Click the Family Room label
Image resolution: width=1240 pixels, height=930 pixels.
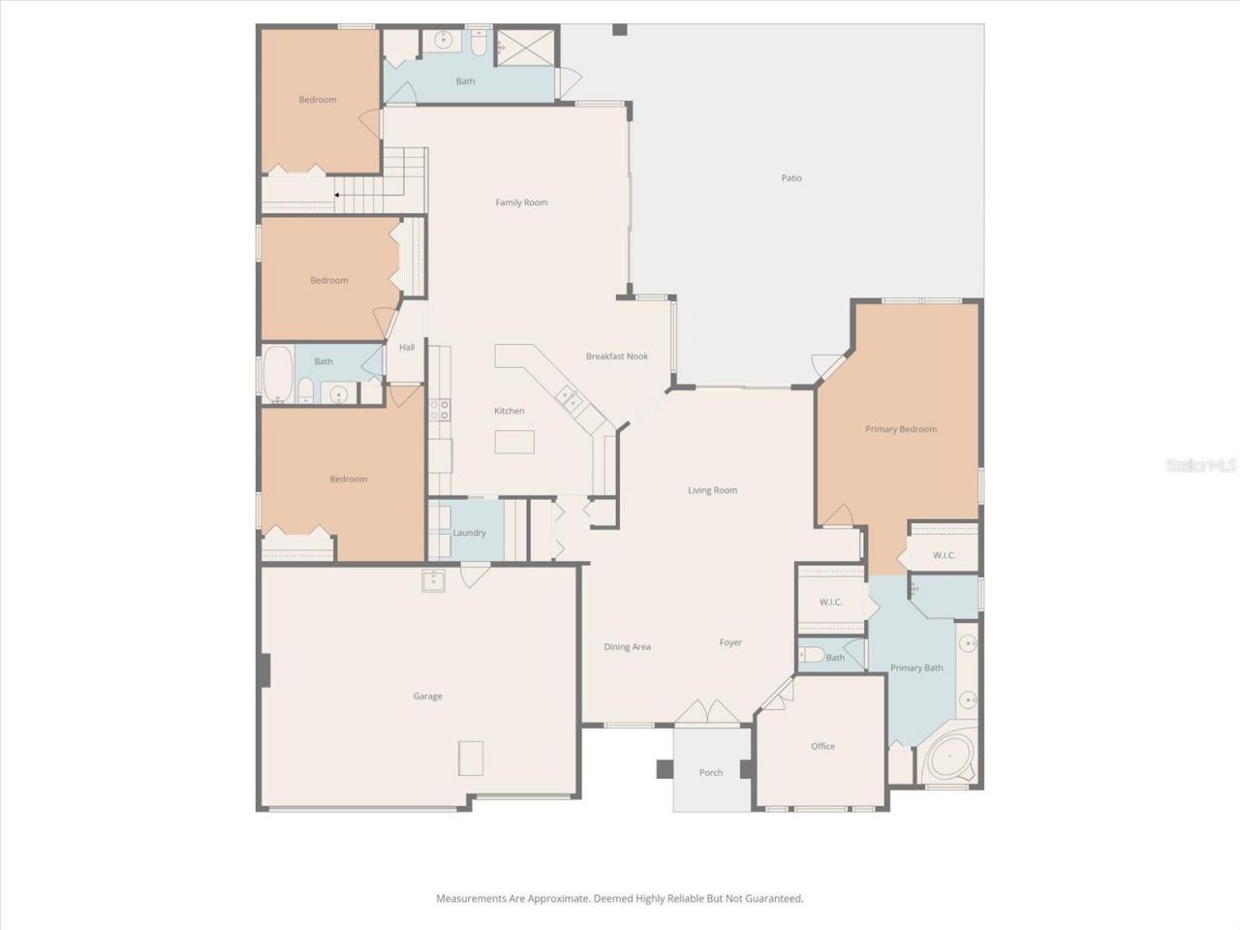(x=521, y=202)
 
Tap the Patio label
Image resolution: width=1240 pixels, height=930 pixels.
(x=791, y=178)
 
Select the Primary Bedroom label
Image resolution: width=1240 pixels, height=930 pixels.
(x=901, y=429)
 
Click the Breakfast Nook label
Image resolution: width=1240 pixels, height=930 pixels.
(x=617, y=356)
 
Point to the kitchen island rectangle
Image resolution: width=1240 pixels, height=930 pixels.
(x=513, y=442)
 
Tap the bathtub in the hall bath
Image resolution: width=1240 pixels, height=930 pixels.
(x=277, y=374)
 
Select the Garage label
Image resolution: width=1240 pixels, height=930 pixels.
(x=427, y=697)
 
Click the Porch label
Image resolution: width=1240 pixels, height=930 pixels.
(x=711, y=773)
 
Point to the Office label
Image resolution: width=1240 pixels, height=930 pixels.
(x=822, y=747)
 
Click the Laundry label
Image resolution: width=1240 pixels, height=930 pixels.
(x=470, y=534)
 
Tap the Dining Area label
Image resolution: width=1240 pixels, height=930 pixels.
(x=627, y=647)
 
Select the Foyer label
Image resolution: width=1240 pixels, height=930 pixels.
(x=730, y=642)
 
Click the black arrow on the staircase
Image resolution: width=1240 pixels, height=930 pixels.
(x=337, y=195)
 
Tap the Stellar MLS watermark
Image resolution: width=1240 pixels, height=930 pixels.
(x=1201, y=466)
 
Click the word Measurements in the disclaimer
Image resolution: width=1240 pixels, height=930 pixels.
(x=471, y=899)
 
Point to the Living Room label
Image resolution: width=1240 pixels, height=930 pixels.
(x=712, y=490)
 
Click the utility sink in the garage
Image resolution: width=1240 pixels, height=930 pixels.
(x=432, y=580)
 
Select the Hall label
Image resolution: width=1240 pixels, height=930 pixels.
(x=407, y=348)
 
